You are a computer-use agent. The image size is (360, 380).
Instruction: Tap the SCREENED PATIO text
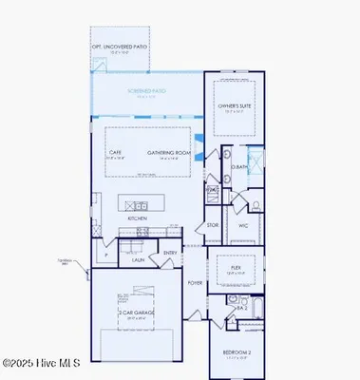[x=146, y=91]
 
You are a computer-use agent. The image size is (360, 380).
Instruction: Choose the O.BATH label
[x=239, y=168]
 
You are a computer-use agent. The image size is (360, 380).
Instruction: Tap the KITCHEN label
[x=138, y=218]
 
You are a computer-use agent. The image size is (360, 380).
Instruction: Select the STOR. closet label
[x=214, y=226]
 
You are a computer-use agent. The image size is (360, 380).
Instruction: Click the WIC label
[x=242, y=225]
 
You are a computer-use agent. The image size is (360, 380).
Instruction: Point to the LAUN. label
[x=138, y=258]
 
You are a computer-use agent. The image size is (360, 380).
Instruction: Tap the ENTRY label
[x=169, y=253]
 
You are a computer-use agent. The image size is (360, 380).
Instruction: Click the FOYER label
[x=195, y=282]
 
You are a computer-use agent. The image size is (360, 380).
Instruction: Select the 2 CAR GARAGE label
[x=131, y=313]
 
